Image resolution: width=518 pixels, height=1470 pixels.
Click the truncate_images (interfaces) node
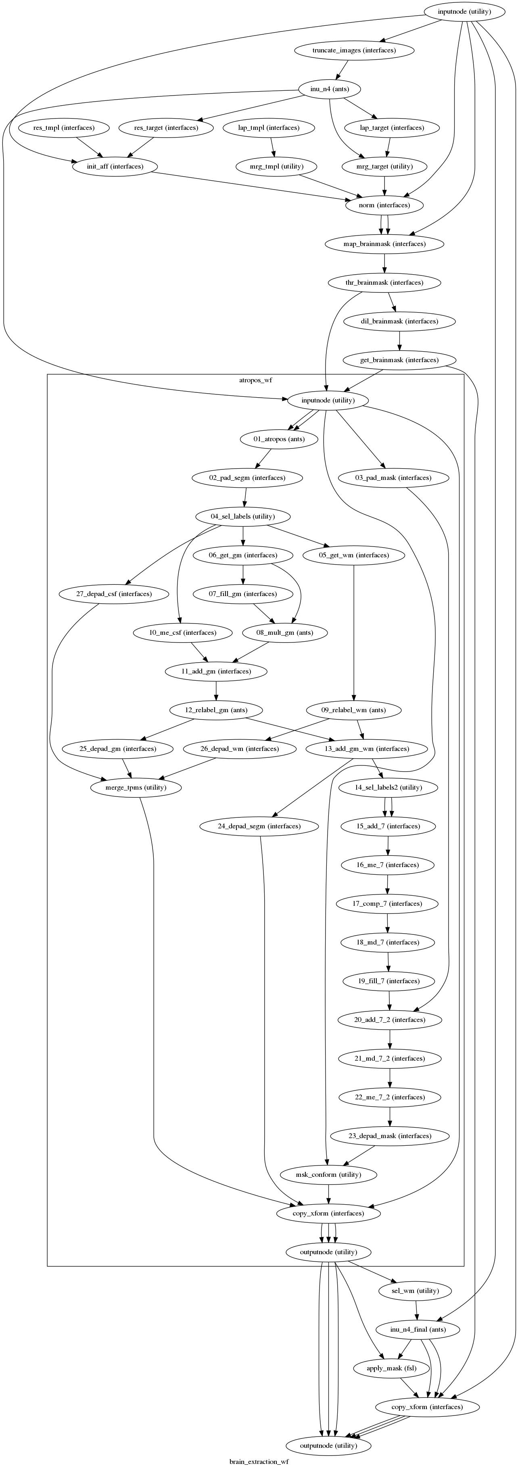354,50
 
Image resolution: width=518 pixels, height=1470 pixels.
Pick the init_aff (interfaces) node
115,167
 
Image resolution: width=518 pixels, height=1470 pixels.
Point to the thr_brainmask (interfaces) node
384,282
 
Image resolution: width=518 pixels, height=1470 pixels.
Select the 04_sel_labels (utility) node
243,517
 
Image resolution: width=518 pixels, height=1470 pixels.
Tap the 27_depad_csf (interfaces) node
114,594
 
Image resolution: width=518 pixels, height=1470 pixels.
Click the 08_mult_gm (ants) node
286,633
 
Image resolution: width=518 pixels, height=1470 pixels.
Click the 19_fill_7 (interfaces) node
389,981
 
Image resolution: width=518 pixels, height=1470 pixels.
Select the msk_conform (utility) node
329,1174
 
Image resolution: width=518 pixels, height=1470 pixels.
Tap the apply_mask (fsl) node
393,1368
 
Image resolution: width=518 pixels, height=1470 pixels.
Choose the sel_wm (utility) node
416,1291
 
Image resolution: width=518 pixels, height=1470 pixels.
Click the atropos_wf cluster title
255,380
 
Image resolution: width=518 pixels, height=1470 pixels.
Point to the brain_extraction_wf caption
259,1462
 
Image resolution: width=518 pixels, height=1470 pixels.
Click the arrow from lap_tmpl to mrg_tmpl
274,147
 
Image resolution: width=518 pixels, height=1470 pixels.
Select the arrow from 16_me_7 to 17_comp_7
388,884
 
